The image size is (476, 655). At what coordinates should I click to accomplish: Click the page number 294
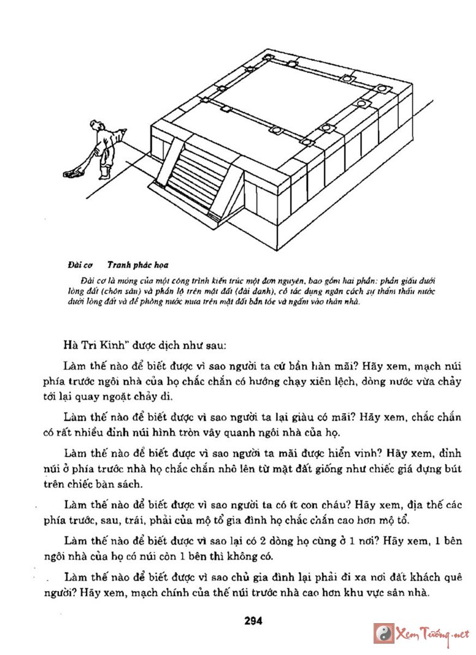[x=253, y=621]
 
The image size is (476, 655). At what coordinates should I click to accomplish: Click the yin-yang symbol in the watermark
[x=384, y=634]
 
